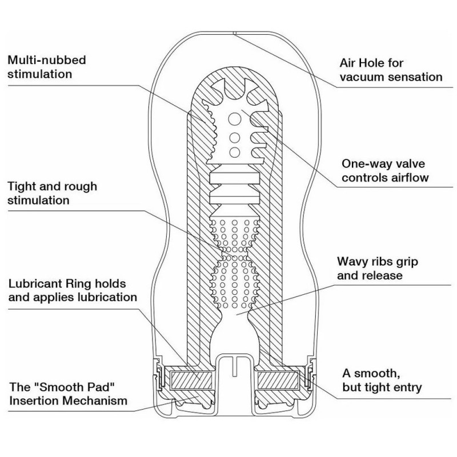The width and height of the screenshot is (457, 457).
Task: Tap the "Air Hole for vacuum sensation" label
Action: (x=391, y=70)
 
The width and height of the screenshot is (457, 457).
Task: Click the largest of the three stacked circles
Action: (x=235, y=119)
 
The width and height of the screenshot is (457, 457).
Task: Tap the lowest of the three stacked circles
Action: (x=235, y=151)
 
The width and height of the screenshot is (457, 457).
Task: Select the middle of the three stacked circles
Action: (x=235, y=138)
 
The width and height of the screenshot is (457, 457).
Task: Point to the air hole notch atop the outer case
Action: (x=235, y=33)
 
